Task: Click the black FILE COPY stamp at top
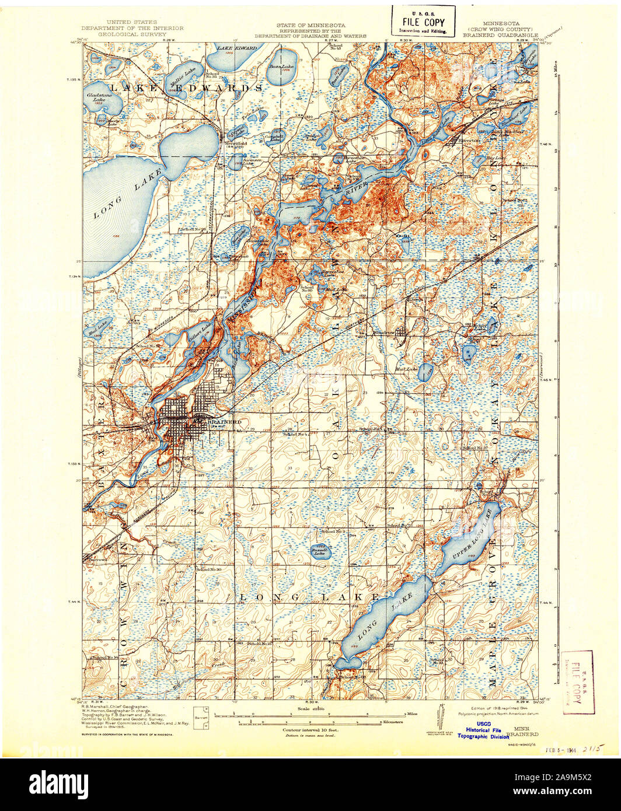click(x=423, y=22)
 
